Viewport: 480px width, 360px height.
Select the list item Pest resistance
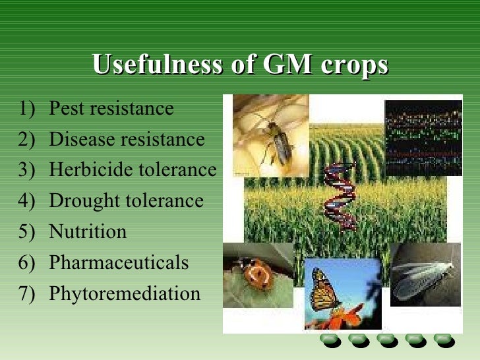111,108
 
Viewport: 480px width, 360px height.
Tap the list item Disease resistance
127,139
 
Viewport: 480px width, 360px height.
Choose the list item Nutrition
88,232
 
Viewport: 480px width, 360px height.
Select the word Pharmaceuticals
119,263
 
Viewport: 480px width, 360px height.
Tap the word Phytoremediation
125,293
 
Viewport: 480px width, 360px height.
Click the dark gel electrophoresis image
423,138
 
